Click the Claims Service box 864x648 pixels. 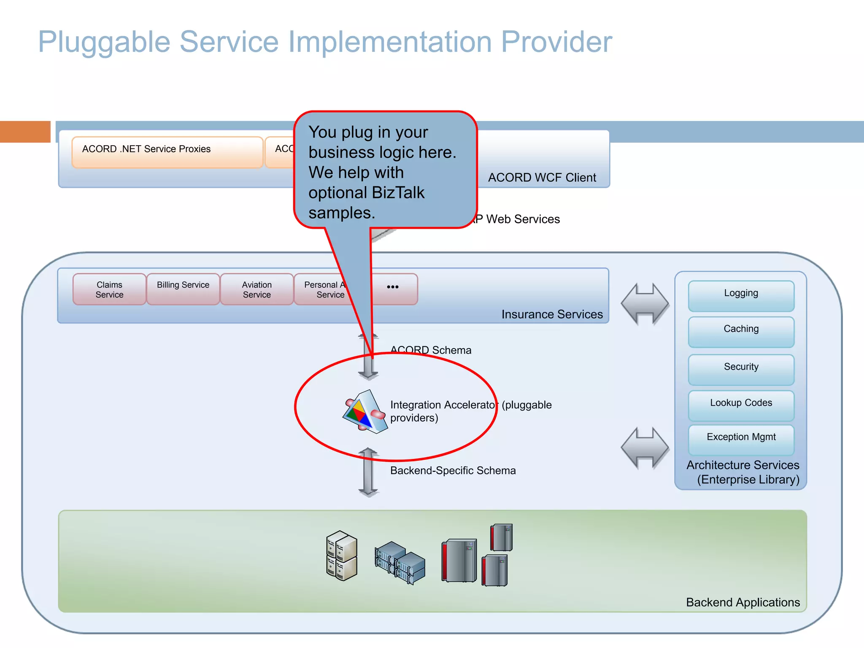pos(109,289)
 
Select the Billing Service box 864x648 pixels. pos(183,289)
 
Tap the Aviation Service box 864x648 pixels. pos(256,289)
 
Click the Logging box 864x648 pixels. pos(741,296)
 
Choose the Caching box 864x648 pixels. pos(741,332)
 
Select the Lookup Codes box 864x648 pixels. pos(741,405)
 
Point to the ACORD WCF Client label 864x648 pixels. pos(542,178)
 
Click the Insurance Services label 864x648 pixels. pos(552,314)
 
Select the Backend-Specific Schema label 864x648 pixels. pos(453,470)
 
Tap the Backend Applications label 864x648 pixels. pos(742,602)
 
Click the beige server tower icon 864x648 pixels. pos(342,555)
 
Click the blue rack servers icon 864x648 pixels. pos(400,563)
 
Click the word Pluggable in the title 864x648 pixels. pos(104,42)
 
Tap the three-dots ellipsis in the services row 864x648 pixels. pos(392,287)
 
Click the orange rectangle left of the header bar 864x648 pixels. pos(25,132)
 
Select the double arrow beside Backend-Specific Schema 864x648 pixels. pos(368,472)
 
